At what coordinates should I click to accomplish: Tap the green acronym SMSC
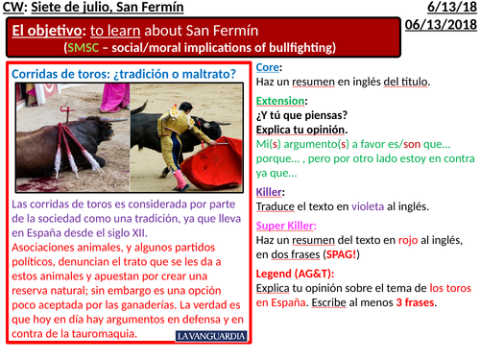click(84, 47)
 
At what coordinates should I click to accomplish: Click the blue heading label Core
click(269, 68)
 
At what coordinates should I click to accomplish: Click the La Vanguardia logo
click(212, 336)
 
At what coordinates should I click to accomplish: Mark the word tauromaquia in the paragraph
click(97, 334)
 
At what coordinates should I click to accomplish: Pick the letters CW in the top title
click(13, 9)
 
